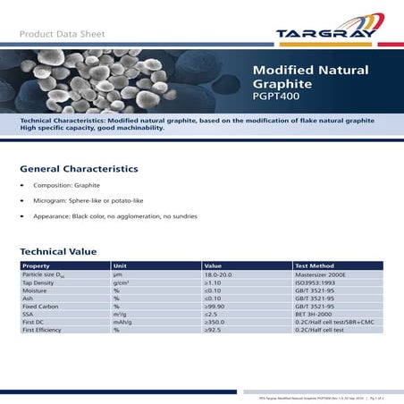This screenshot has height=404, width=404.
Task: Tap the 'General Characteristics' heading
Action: tap(79, 168)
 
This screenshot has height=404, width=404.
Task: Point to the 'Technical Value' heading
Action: tap(59, 252)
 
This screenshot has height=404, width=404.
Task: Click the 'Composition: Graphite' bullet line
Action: tap(71, 185)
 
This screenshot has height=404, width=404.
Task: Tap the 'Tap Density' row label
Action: tap(40, 282)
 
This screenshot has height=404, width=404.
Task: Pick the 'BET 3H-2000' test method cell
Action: tap(316, 315)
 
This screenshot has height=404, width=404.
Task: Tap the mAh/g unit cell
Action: tap(122, 323)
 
